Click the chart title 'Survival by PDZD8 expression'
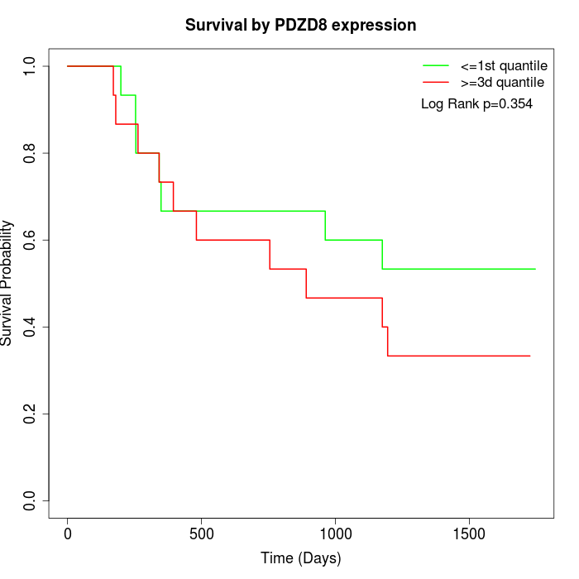tap(300, 26)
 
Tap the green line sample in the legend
tap(436, 65)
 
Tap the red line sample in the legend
tap(436, 82)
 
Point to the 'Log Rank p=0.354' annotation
tap(476, 103)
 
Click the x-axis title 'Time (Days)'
tap(300, 558)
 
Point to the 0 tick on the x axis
tap(68, 534)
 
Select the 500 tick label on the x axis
tap(201, 534)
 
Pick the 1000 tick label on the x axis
tap(335, 534)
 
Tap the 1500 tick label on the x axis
tap(469, 534)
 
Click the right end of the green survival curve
tap(535, 269)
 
